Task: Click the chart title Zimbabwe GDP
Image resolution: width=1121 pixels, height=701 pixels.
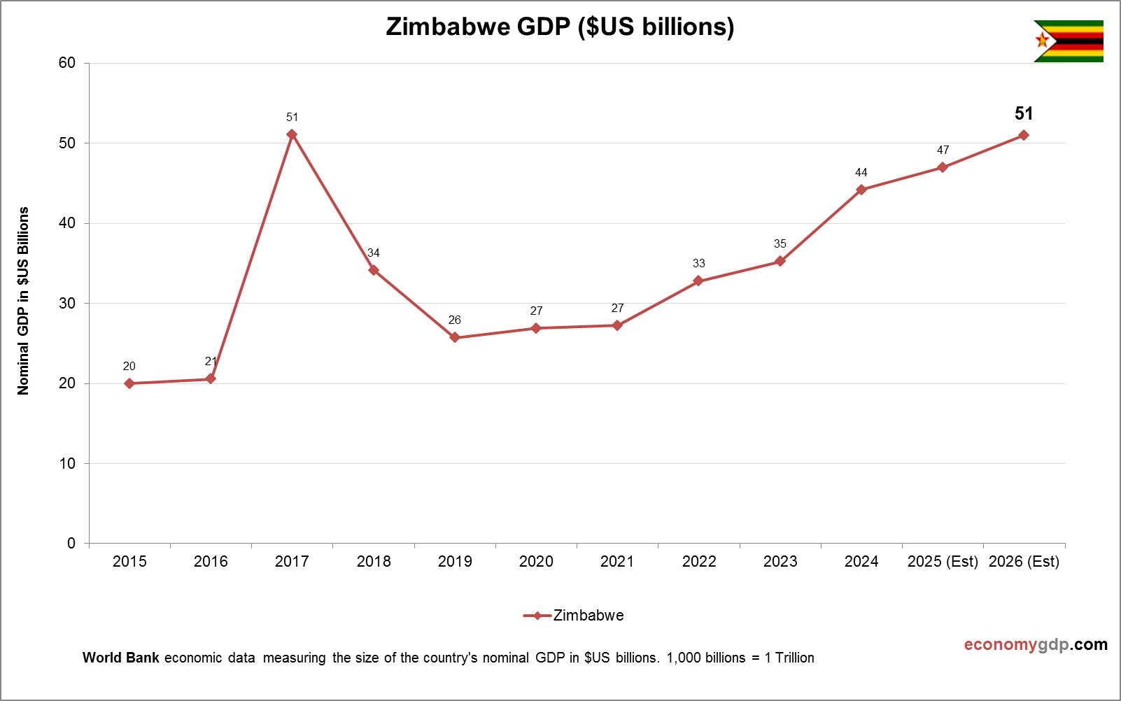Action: tap(560, 27)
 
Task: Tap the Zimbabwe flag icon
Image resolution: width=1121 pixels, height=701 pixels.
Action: tap(1068, 41)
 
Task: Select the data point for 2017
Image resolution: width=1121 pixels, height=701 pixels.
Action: tap(292, 134)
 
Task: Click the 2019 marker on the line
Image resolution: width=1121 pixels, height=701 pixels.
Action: tap(455, 337)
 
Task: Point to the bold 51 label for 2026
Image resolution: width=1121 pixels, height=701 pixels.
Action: tap(1024, 113)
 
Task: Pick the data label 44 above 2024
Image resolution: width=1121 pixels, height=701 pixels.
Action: tap(861, 172)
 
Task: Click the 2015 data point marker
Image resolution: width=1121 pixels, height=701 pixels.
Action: tap(129, 383)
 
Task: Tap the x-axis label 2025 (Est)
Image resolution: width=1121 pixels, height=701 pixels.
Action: tap(943, 561)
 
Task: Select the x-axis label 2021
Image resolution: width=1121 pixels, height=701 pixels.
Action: tap(617, 561)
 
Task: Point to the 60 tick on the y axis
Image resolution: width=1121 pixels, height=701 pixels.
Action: tap(67, 63)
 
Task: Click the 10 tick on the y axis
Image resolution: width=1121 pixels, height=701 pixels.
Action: tap(67, 463)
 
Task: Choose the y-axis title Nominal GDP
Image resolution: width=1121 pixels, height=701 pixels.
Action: tap(24, 301)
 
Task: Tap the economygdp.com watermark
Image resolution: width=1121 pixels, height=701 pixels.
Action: tap(1036, 644)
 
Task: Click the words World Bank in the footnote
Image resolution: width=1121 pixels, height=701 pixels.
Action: tap(121, 658)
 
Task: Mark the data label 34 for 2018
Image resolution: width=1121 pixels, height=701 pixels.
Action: tap(374, 253)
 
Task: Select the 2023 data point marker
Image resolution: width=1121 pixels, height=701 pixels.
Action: tap(780, 262)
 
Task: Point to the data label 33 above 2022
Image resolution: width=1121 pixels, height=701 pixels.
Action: tap(698, 263)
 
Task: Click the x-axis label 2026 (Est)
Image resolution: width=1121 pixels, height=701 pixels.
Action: tap(1024, 561)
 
